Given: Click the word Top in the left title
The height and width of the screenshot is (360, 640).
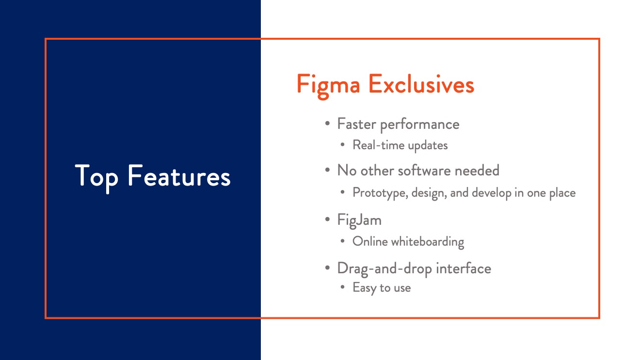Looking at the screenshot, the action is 96,177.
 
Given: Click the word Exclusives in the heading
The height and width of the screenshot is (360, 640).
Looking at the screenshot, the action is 421,84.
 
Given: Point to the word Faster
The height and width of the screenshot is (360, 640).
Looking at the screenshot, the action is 356,124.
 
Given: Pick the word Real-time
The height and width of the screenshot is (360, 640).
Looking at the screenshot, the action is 379,145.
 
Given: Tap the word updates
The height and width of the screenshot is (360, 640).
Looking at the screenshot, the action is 428,146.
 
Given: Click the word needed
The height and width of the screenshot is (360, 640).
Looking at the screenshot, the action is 477,171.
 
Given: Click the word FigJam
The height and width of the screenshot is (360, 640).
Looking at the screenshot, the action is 359,220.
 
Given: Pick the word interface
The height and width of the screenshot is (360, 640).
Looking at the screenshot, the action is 464,268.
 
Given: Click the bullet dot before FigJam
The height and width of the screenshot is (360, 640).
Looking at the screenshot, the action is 327,219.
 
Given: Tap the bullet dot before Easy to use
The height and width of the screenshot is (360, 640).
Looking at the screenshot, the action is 343,287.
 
